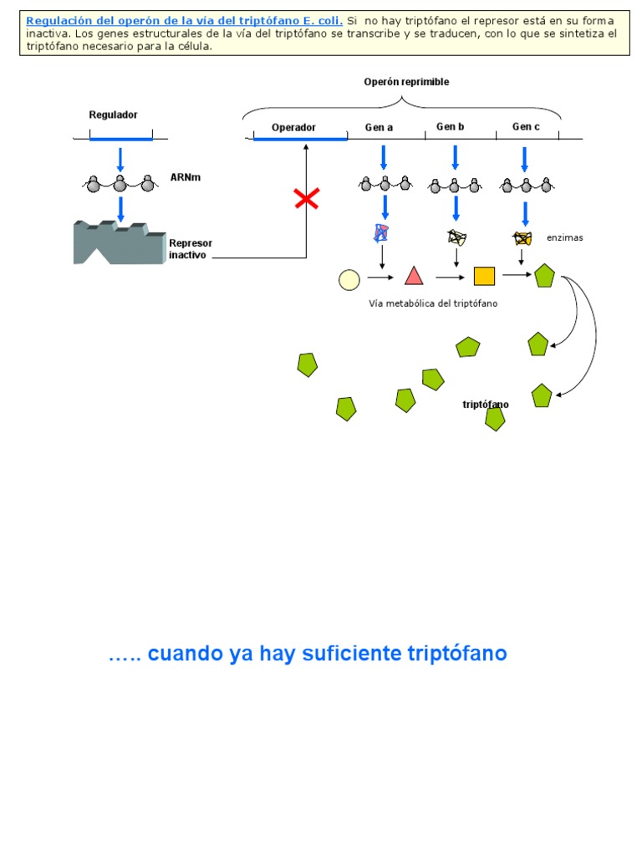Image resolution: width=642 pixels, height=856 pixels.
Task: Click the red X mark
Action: click(306, 199)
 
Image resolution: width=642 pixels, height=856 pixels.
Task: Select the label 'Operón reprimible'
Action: click(406, 82)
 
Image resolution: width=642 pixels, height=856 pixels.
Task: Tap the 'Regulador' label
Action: click(114, 115)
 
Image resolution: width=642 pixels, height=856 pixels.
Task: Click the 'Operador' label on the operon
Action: click(293, 128)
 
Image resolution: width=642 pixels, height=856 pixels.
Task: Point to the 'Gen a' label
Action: click(379, 128)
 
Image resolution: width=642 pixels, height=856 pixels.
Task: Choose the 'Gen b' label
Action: click(450, 127)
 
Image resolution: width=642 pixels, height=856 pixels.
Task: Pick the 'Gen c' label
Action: click(526, 127)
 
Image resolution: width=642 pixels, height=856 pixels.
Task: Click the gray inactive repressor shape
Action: click(117, 242)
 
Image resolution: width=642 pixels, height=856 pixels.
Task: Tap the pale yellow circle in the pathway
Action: click(349, 279)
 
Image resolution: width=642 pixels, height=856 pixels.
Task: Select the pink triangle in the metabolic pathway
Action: click(414, 277)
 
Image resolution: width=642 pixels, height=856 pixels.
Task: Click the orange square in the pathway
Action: click(484, 276)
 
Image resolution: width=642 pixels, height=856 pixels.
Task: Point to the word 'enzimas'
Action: click(564, 238)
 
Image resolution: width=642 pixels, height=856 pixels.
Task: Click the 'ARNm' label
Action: click(185, 177)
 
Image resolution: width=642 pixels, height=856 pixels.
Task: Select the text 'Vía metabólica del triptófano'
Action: click(433, 303)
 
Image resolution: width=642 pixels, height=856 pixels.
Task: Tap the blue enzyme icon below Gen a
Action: click(381, 233)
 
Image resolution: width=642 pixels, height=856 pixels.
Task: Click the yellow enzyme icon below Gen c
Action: click(522, 238)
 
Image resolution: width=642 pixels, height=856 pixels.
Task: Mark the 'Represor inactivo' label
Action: click(191, 248)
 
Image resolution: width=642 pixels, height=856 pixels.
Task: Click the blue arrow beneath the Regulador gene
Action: click(120, 159)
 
